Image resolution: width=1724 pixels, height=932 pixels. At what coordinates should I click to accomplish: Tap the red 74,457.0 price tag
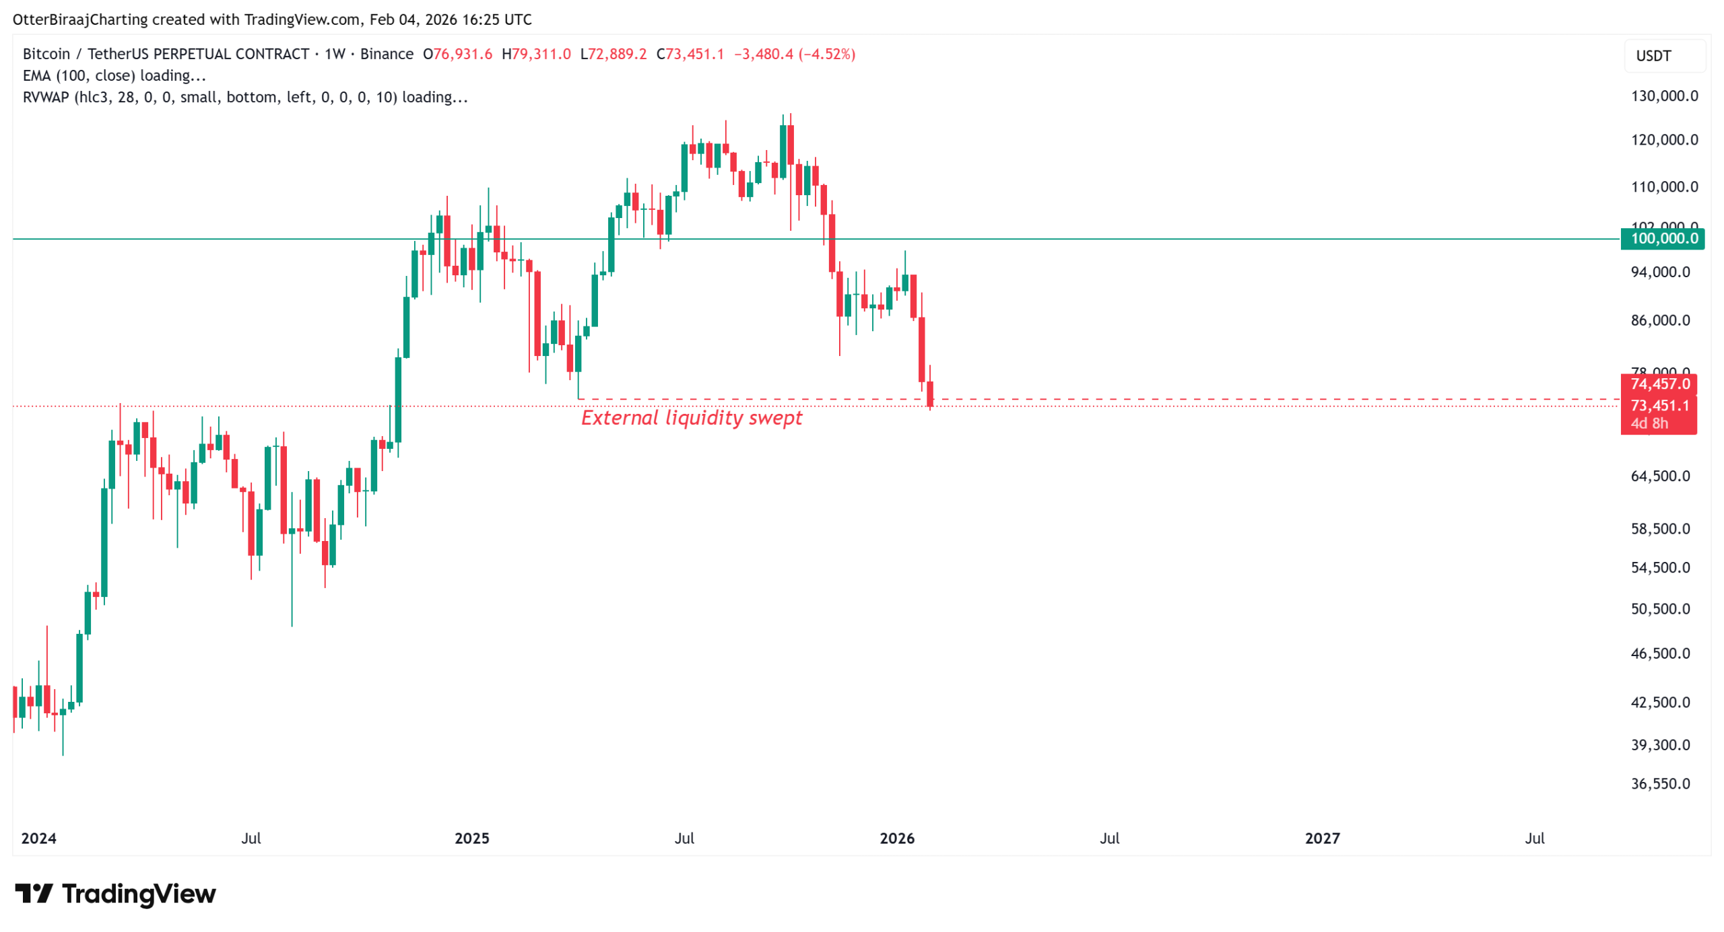(x=1659, y=384)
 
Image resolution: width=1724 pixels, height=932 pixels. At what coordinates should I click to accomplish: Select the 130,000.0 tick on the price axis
(x=1663, y=96)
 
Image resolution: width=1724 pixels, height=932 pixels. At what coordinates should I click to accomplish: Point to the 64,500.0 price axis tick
(x=1659, y=476)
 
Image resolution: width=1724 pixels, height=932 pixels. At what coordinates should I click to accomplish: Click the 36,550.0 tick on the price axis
(x=1659, y=784)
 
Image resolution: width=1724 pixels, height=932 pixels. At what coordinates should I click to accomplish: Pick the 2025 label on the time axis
(x=471, y=838)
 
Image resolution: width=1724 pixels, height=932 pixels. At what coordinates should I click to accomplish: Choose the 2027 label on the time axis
(x=1322, y=838)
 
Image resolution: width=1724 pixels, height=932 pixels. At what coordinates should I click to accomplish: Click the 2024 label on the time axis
(x=38, y=838)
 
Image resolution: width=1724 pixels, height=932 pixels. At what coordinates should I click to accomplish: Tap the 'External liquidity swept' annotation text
(x=692, y=419)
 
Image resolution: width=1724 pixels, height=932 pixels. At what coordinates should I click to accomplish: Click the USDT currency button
(x=1653, y=56)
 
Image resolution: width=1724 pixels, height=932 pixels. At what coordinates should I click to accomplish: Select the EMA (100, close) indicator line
(x=114, y=75)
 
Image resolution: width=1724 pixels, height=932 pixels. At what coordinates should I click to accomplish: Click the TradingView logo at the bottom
(x=115, y=894)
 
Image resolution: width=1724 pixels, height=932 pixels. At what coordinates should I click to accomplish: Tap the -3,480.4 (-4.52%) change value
(x=794, y=54)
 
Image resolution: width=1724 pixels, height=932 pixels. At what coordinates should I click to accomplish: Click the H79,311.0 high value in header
(x=536, y=54)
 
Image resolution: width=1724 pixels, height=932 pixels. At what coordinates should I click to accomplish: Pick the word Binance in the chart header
(x=387, y=54)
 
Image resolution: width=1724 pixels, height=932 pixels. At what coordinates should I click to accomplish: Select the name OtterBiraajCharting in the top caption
(x=80, y=20)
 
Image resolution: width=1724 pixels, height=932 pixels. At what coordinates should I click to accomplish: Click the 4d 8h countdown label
(x=1649, y=424)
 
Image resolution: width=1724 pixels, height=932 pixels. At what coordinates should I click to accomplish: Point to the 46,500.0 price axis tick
(x=1659, y=653)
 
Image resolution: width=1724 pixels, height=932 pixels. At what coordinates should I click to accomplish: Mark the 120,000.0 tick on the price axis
(x=1663, y=140)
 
